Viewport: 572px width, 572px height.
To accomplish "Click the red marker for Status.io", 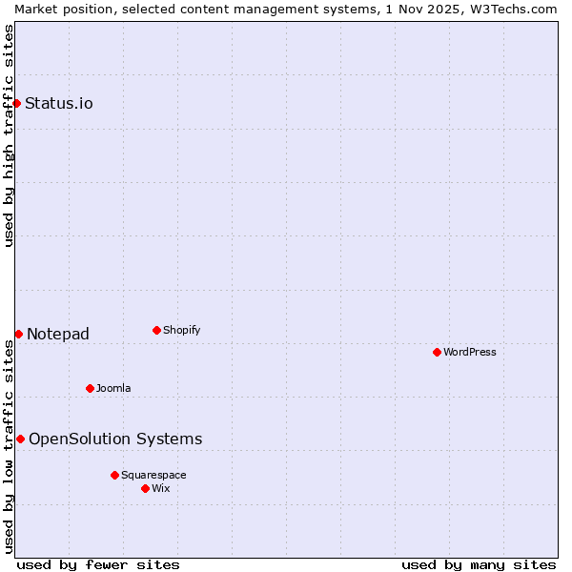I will click(x=17, y=103).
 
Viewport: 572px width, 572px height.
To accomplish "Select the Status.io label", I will click(x=59, y=103).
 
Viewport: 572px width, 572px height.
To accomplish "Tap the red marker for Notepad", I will click(x=18, y=334).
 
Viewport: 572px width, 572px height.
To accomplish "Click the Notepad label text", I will click(x=58, y=334).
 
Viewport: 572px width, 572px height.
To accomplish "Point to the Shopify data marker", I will click(x=156, y=330).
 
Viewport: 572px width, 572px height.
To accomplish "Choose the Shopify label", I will click(x=181, y=330).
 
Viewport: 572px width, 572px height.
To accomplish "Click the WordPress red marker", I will click(x=437, y=352).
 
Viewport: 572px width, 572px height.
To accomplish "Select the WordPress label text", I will click(x=470, y=352).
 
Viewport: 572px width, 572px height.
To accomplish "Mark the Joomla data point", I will click(x=90, y=388).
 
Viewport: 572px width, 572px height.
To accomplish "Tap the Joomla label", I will click(x=113, y=388).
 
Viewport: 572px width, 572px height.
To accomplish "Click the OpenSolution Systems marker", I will click(x=20, y=439).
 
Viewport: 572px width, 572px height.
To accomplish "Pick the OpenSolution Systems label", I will click(x=115, y=439).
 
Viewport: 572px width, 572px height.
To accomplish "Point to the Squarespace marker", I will click(x=114, y=475).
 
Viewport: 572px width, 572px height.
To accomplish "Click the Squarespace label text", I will click(x=153, y=475).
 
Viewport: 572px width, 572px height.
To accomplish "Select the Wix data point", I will click(x=145, y=488).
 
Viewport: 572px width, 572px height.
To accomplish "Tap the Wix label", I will click(x=161, y=488).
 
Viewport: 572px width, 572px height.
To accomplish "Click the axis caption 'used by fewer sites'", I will click(x=98, y=564).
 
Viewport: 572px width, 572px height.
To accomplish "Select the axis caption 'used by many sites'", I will click(x=479, y=564).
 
